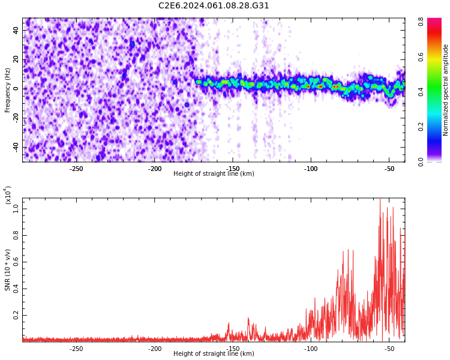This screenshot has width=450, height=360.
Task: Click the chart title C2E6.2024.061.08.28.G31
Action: click(214, 6)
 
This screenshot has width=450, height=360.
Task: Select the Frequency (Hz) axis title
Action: click(8, 90)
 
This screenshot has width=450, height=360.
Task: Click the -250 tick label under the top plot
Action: click(76, 169)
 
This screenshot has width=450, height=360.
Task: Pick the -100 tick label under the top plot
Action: click(310, 169)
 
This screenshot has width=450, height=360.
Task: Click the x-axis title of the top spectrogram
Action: click(214, 174)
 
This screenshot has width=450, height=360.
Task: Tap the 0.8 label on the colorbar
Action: click(421, 21)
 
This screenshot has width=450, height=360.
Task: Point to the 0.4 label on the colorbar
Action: click(421, 91)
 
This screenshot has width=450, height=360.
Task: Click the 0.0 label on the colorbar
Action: click(421, 161)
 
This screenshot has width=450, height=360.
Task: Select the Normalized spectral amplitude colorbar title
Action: click(446, 90)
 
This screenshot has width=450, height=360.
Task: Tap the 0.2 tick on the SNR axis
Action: click(16, 314)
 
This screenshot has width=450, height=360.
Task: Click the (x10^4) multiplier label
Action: click(8, 196)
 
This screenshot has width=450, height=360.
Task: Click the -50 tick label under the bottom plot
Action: click(388, 349)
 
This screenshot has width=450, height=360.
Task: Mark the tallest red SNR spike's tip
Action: click(380, 200)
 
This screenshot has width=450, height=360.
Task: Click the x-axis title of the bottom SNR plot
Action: click(214, 354)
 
